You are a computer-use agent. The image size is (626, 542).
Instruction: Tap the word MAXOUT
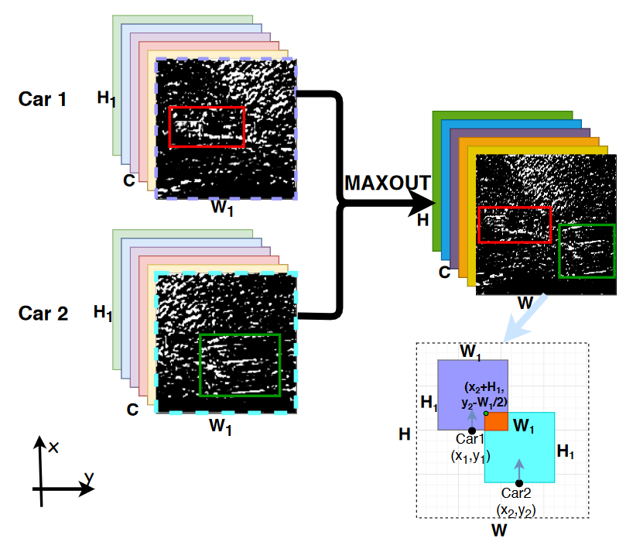click(x=387, y=183)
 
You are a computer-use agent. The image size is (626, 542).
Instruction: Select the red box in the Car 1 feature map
click(x=207, y=127)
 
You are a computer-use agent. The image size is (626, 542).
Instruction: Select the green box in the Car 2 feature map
click(x=239, y=365)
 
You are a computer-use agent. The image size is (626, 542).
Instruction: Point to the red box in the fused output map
click(x=515, y=225)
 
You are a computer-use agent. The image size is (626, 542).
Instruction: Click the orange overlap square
click(x=496, y=422)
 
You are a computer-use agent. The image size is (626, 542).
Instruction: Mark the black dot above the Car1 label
click(x=472, y=431)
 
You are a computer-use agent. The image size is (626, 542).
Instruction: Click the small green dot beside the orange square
click(x=485, y=413)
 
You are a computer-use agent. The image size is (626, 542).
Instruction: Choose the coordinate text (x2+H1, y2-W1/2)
click(x=485, y=394)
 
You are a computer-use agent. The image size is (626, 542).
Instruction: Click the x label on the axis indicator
click(x=54, y=448)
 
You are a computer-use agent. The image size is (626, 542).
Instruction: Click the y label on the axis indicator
click(x=89, y=479)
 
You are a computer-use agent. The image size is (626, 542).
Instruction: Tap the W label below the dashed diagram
click(x=500, y=530)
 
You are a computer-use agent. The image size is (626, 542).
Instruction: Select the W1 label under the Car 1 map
click(x=224, y=208)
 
